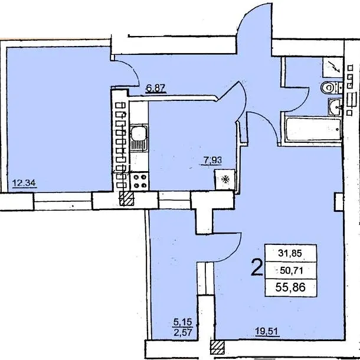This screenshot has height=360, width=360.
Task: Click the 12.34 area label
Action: [x=24, y=183]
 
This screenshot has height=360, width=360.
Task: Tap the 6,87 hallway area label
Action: [x=156, y=88]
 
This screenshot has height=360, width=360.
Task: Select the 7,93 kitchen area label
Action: [x=211, y=160]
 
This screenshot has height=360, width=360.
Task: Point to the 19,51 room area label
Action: [x=267, y=331]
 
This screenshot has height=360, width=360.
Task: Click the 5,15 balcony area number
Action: [x=182, y=322]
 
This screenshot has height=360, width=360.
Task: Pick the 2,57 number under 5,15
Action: [x=182, y=332]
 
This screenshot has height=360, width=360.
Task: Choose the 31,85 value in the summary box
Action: [x=290, y=253]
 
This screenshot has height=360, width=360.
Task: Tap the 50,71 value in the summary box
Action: [x=292, y=271]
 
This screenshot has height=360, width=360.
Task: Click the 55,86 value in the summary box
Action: [x=290, y=287]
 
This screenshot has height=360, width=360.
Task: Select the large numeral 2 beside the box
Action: [x=257, y=267]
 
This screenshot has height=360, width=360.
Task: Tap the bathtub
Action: [x=313, y=129]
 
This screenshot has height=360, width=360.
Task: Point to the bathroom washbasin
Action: [x=335, y=107]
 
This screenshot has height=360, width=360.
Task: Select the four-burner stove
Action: [x=140, y=181]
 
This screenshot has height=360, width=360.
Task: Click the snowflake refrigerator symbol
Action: [x=225, y=179]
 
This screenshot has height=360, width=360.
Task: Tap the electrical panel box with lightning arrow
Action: [x=333, y=67]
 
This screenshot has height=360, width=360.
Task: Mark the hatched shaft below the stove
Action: [x=126, y=199]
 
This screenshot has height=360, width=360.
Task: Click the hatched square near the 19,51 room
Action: [x=217, y=348]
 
